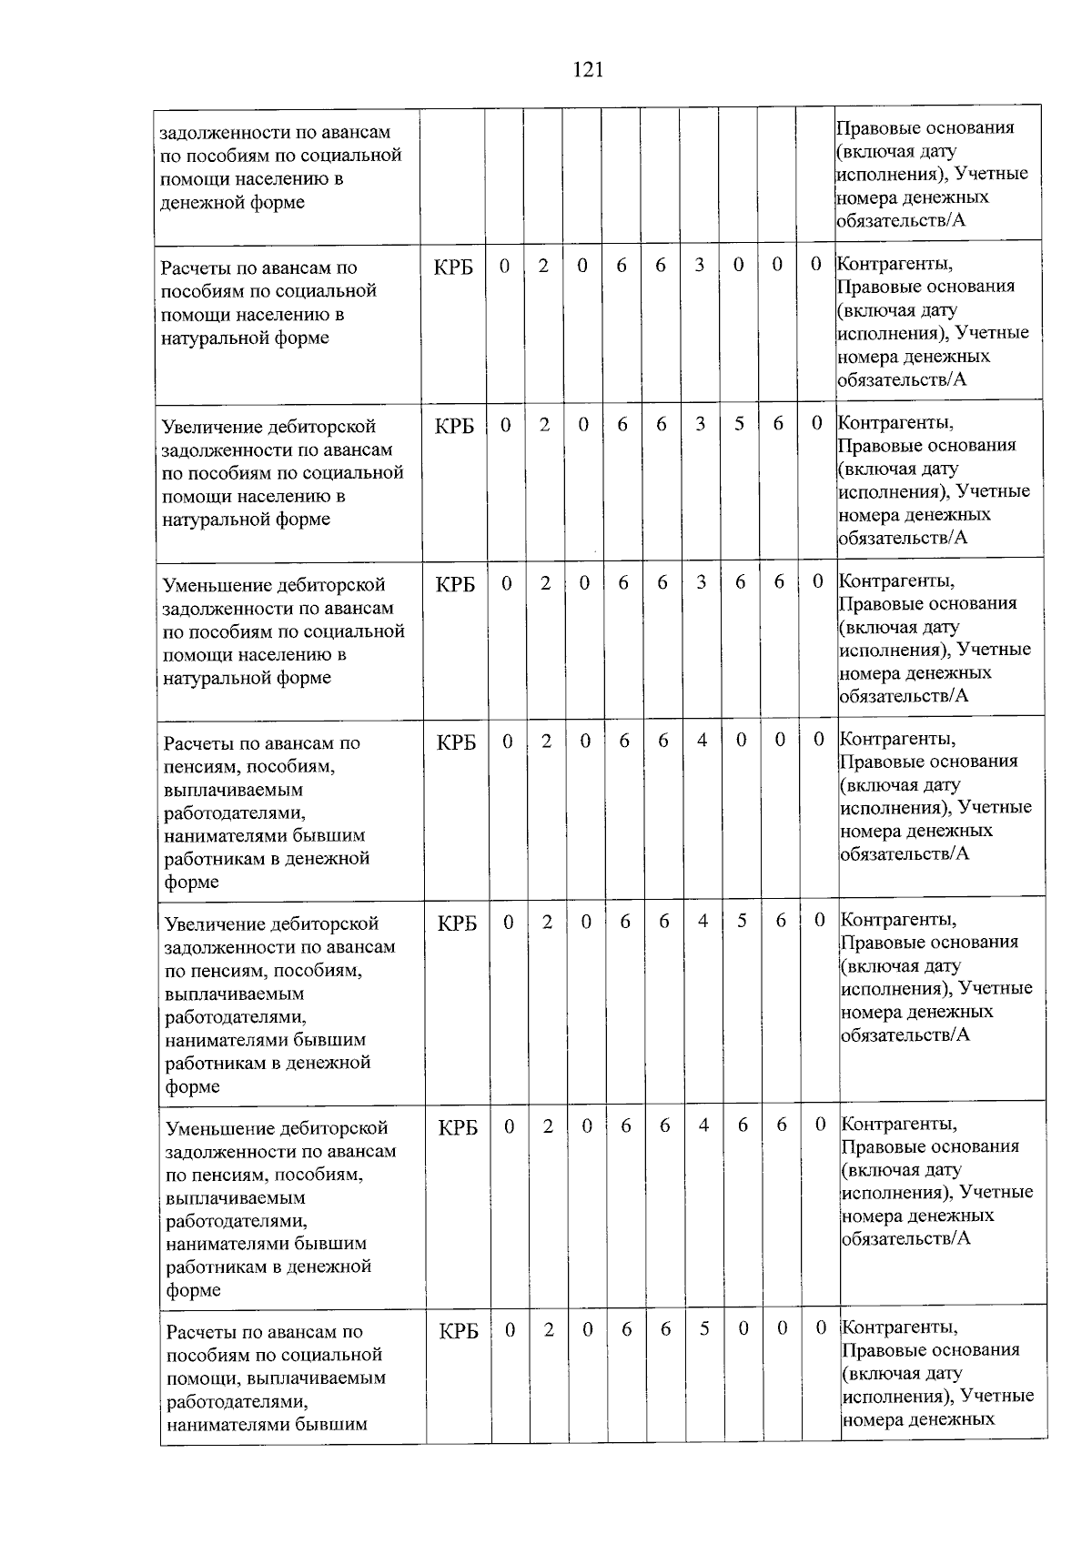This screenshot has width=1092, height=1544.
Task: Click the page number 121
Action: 589,70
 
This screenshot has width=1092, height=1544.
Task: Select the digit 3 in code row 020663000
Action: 699,265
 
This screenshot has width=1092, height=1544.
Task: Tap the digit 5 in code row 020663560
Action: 739,423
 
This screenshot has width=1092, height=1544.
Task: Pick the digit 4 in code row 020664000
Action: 702,740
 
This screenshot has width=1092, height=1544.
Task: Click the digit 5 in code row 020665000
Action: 704,1328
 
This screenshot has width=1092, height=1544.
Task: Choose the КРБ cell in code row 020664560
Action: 457,923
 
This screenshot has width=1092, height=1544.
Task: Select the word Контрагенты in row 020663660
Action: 896,580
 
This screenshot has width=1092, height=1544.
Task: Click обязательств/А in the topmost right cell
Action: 901,220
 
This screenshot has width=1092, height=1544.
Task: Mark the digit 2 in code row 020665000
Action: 549,1329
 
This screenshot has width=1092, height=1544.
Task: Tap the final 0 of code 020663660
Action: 818,580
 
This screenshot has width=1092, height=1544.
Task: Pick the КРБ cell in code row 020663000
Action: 453,267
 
